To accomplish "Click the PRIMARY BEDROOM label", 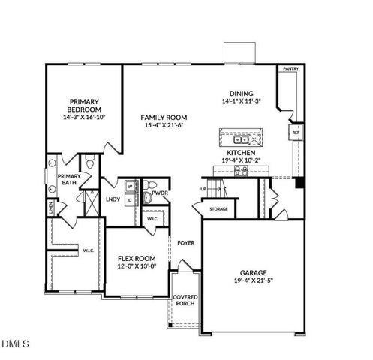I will tap(85, 105).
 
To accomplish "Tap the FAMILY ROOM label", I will tap(165, 118).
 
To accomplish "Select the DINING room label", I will tap(241, 93).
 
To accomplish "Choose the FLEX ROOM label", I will tap(136, 258).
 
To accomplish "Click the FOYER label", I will tap(186, 242).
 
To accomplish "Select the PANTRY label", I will tap(290, 69).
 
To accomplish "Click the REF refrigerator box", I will tap(295, 133).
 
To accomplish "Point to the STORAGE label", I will tap(218, 209).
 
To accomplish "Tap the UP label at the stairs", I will tap(203, 189).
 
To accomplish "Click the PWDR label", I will tap(160, 193).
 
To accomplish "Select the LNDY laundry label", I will tap(113, 199).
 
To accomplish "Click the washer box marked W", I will tap(130, 184).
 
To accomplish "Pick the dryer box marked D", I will tap(130, 199).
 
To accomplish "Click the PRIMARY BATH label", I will tap(69, 178).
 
